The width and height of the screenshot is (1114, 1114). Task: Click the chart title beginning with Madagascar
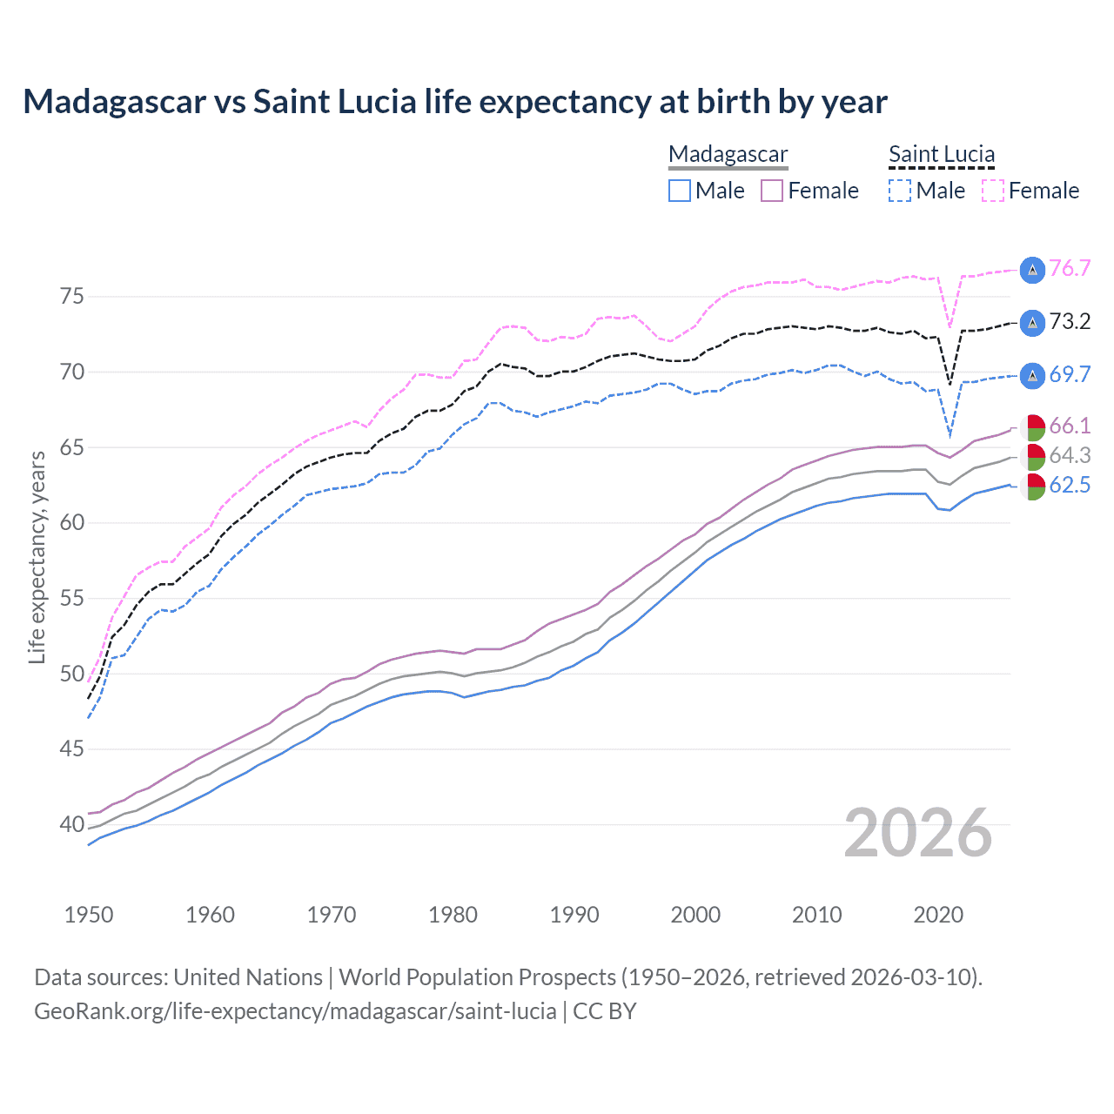[x=455, y=102]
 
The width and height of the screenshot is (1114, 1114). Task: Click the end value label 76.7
[x=1070, y=268]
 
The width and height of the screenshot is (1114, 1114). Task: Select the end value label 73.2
[x=1070, y=322]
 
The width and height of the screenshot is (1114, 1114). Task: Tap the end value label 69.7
[x=1070, y=375]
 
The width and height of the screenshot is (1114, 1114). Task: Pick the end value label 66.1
[x=1070, y=426]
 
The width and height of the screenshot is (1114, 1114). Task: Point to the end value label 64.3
[x=1070, y=456]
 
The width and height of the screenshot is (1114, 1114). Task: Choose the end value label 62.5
[x=1070, y=486]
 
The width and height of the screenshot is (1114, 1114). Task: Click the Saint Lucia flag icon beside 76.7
[x=1032, y=270]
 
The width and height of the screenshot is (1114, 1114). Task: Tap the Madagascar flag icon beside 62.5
[x=1032, y=487]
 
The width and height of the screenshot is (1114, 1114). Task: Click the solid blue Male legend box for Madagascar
[x=680, y=191]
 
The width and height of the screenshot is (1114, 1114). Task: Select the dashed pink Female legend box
[x=993, y=191]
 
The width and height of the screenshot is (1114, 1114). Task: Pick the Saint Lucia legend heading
[x=942, y=155]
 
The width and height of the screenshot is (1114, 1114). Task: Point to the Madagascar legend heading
[x=728, y=155]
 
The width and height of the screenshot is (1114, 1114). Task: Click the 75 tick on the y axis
[x=72, y=297]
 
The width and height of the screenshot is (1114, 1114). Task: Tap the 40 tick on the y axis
[x=72, y=824]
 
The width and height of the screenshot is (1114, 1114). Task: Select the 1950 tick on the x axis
[x=89, y=915]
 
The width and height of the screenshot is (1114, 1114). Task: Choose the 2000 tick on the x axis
[x=695, y=915]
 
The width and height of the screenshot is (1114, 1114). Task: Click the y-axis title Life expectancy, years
[x=37, y=557]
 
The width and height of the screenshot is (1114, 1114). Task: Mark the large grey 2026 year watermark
[x=918, y=833]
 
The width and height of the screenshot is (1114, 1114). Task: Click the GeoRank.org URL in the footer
[x=295, y=1011]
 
